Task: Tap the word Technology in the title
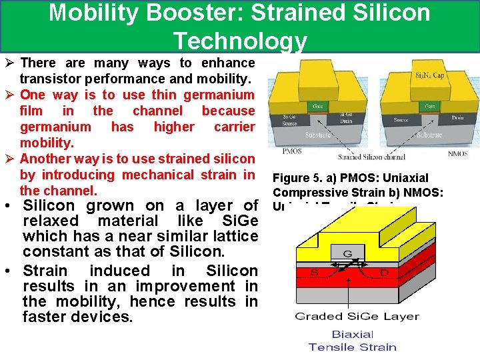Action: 240,41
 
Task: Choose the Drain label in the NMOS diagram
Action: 456,118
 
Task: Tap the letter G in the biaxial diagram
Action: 348,253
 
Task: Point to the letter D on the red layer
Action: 385,273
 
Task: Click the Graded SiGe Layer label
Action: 357,316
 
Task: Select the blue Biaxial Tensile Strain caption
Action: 352,340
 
